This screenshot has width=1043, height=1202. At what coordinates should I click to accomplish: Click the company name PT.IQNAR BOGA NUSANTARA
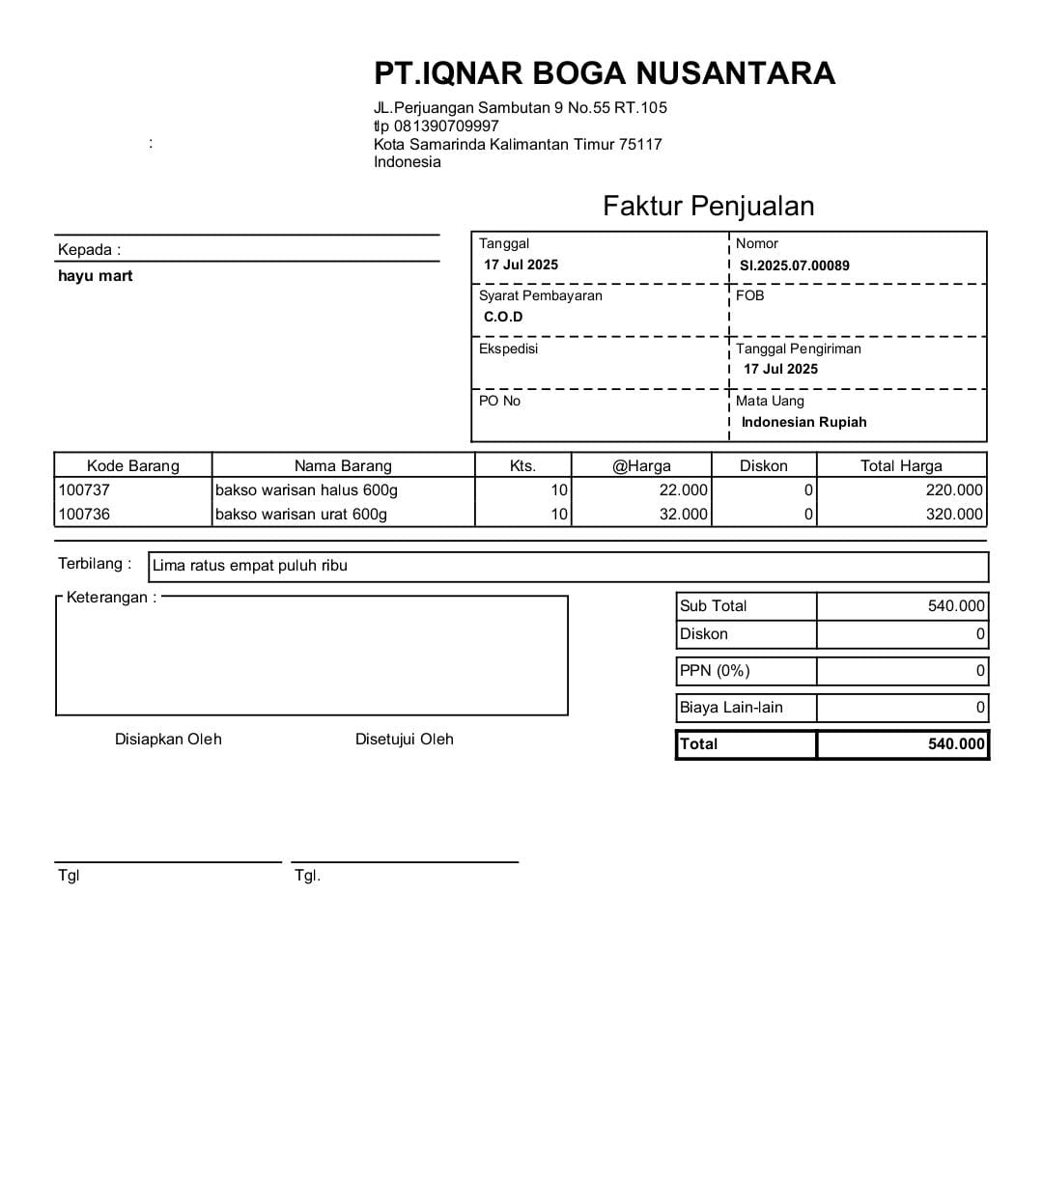pyautogui.click(x=605, y=73)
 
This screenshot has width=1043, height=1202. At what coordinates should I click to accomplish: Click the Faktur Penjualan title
pyautogui.click(x=708, y=206)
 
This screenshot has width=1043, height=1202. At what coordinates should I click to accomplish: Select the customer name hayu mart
pyautogui.click(x=95, y=276)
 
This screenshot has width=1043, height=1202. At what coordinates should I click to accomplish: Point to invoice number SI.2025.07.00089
pyautogui.click(x=794, y=266)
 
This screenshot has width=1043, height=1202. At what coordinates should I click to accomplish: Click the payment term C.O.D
pyautogui.click(x=503, y=317)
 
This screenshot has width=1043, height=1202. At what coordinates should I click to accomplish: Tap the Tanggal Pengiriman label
pyautogui.click(x=798, y=349)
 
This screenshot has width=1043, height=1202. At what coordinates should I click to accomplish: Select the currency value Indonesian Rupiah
pyautogui.click(x=803, y=422)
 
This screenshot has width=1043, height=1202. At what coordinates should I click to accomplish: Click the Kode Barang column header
pyautogui.click(x=133, y=465)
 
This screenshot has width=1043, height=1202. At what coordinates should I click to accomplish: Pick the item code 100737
pyautogui.click(x=84, y=489)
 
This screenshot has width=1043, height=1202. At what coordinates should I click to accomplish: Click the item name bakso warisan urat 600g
pyautogui.click(x=300, y=514)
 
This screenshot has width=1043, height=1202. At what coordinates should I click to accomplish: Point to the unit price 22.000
pyautogui.click(x=683, y=489)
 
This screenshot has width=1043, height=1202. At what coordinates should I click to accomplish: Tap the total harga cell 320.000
pyautogui.click(x=954, y=514)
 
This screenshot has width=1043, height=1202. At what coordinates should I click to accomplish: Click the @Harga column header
pyautogui.click(x=641, y=465)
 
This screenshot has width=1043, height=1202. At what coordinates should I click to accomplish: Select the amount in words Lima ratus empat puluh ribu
pyautogui.click(x=249, y=566)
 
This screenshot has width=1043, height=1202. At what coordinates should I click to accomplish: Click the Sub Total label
pyautogui.click(x=713, y=605)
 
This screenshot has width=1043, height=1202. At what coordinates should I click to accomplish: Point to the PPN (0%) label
pyautogui.click(x=715, y=670)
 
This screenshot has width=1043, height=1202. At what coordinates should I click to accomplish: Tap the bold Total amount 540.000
pyautogui.click(x=956, y=743)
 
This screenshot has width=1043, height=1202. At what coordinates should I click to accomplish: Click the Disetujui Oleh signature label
pyautogui.click(x=404, y=739)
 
